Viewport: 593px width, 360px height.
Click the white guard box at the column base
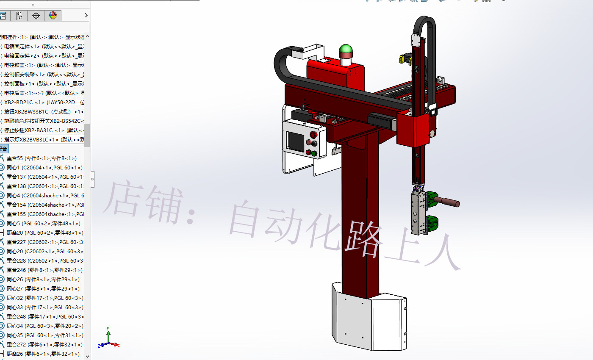(369, 318)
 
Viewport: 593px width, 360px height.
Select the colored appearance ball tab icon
(53, 16)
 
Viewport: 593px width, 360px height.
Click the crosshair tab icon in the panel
(36, 16)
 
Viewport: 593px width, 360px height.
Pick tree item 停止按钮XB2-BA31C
(42, 130)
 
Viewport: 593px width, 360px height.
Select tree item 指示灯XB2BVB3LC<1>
(42, 139)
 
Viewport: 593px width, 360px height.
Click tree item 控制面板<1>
(42, 83)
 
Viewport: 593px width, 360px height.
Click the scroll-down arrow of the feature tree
(87, 356)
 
